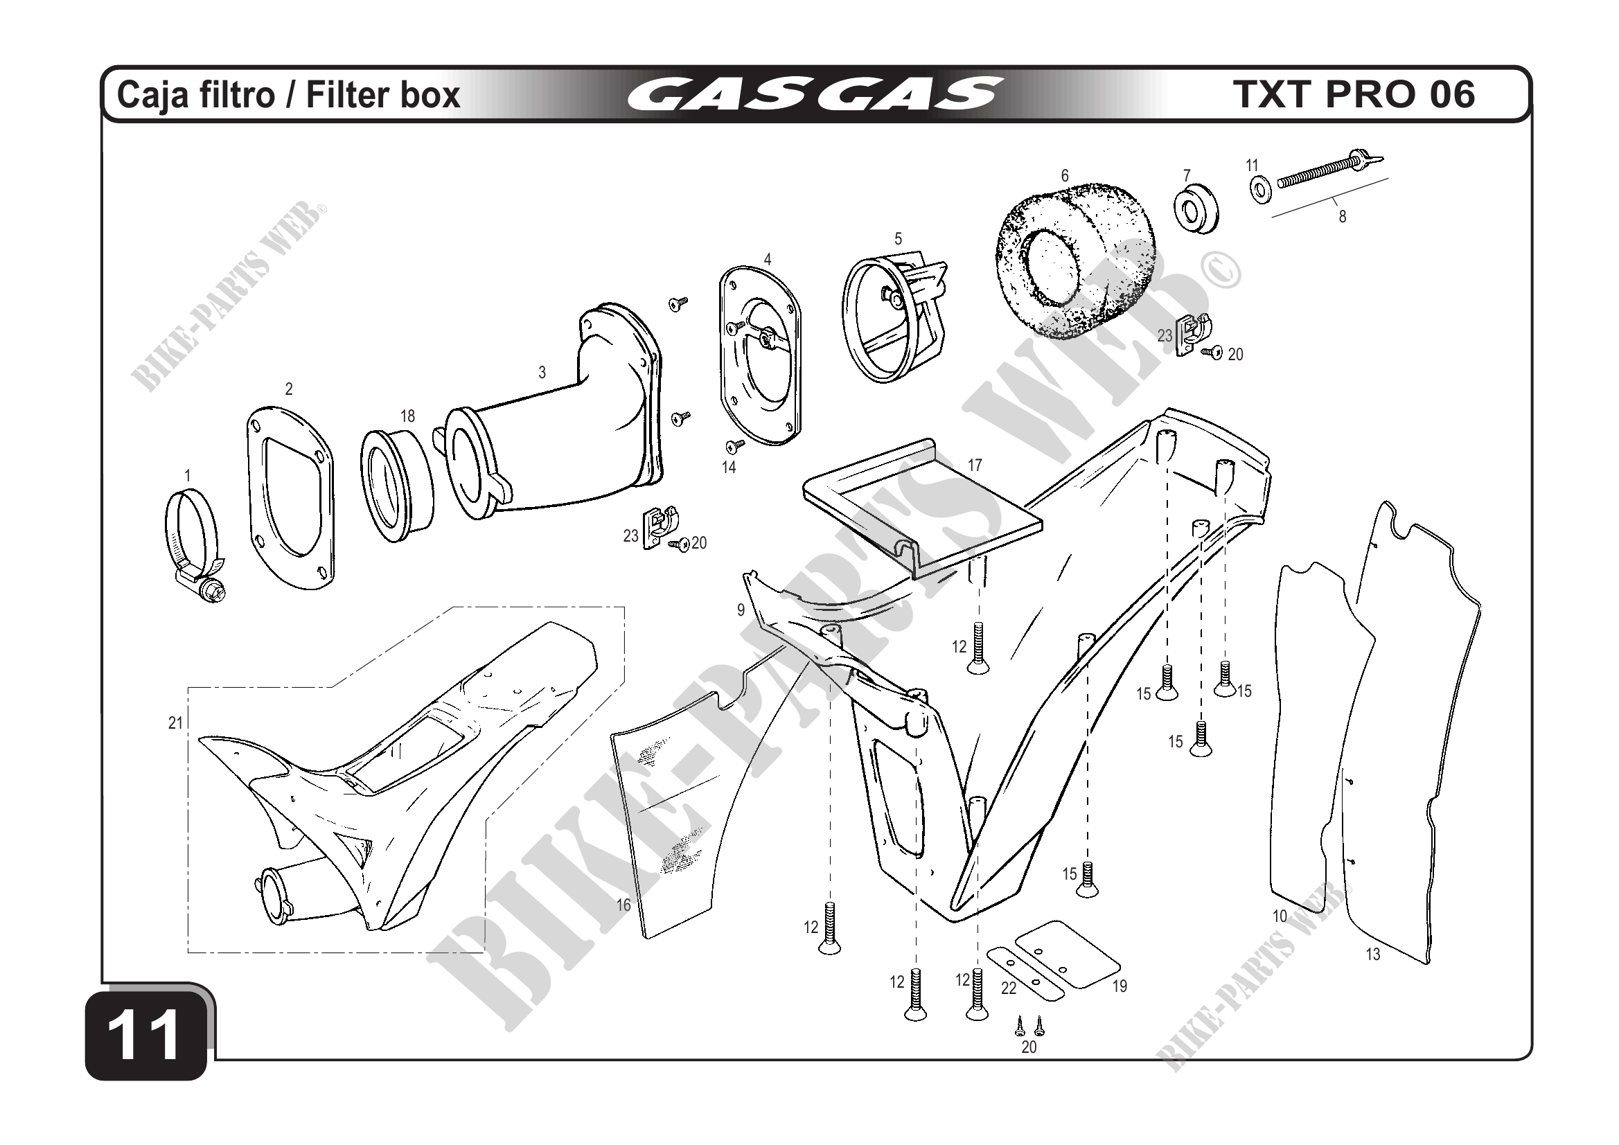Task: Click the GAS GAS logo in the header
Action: (815, 94)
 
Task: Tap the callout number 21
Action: (175, 722)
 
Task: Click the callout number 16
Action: (623, 905)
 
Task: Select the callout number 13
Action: (1372, 955)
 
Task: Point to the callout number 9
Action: (741, 610)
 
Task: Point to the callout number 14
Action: (728, 467)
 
